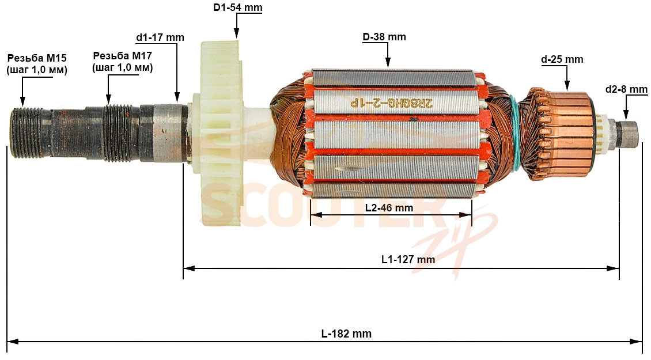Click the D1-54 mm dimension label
[238, 7]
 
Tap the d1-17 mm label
[160, 37]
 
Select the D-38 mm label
[384, 37]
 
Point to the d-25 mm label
[562, 59]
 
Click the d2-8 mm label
[626, 89]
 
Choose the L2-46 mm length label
[389, 207]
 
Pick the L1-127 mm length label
[408, 260]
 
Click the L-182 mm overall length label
[346, 334]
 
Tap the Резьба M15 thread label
[37, 63]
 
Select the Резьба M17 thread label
[123, 61]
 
